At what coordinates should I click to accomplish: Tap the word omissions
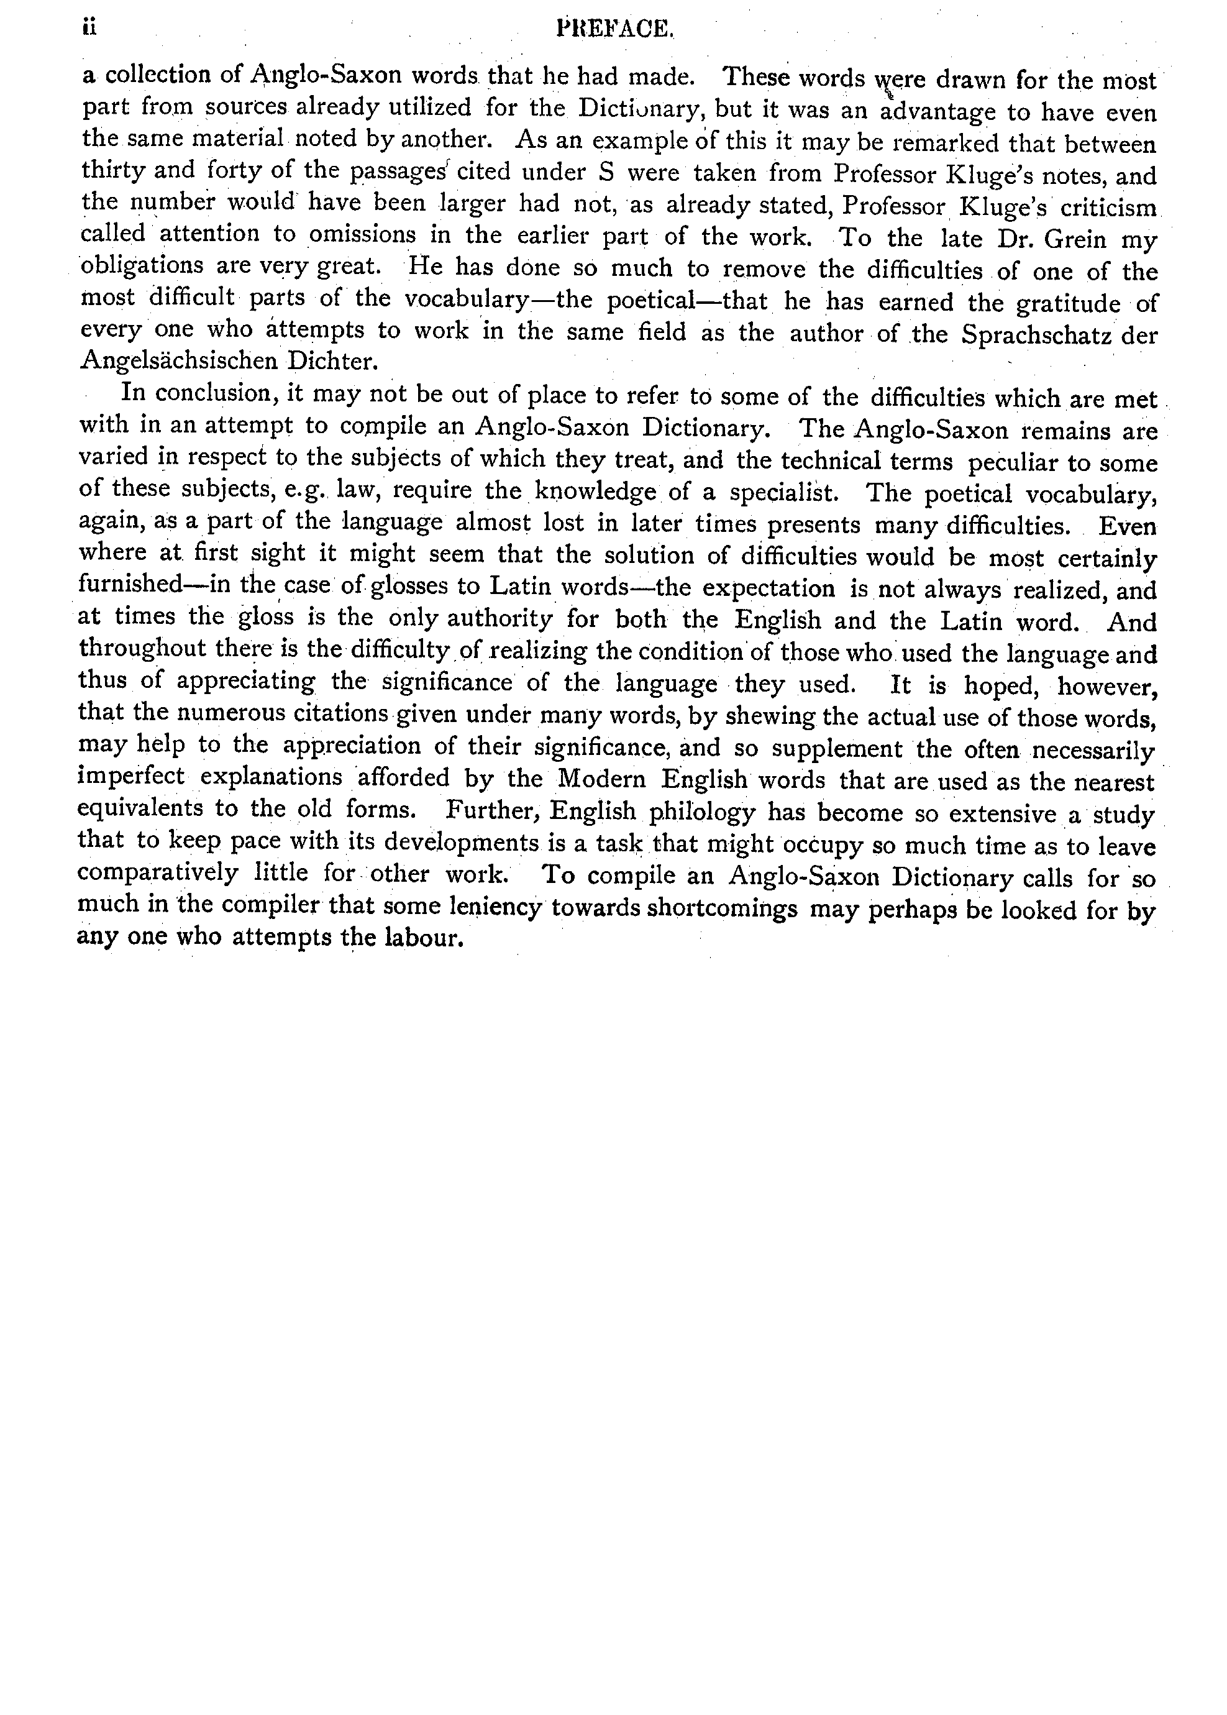coord(363,235)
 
